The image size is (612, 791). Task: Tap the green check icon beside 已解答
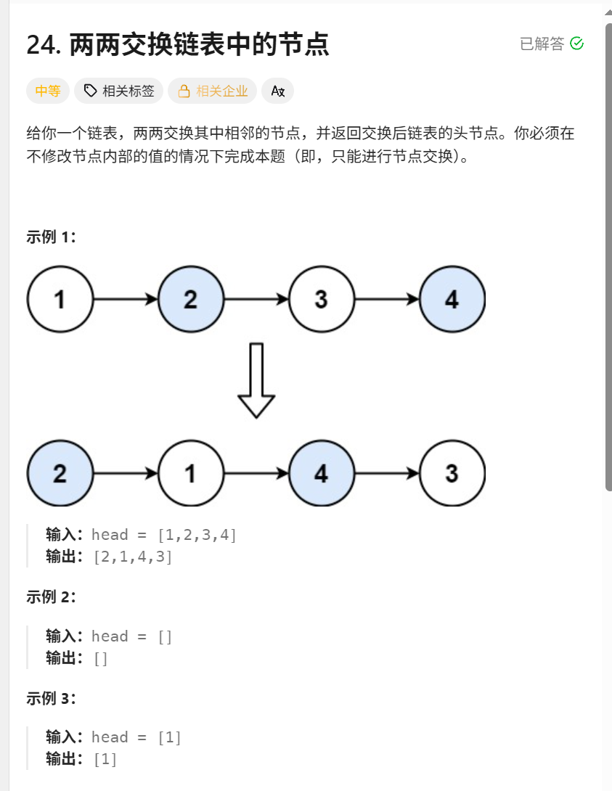pos(577,44)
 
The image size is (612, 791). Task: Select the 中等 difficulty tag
pos(48,91)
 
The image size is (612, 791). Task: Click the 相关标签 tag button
pos(119,91)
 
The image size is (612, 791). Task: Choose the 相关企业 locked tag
pos(213,91)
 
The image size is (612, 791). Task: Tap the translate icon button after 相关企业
pos(277,91)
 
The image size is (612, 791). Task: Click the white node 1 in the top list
pos(60,299)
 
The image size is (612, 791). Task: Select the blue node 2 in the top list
pos(191,299)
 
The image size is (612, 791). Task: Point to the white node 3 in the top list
pos(322,299)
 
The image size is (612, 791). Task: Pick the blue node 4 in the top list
pos(452,299)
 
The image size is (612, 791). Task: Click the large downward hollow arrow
pos(256,381)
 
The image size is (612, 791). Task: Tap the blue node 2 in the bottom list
pos(60,474)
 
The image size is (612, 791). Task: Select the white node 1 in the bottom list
pos(191,474)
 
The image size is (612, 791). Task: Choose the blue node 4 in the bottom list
pos(322,474)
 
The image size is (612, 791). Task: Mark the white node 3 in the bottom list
pos(452,474)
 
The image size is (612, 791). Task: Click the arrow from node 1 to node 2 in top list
pos(126,299)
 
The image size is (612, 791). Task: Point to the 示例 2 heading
pos(51,597)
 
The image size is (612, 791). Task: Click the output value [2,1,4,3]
pos(133,557)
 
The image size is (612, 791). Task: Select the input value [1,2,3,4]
pos(197,535)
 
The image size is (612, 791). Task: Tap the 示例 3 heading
pos(51,698)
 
